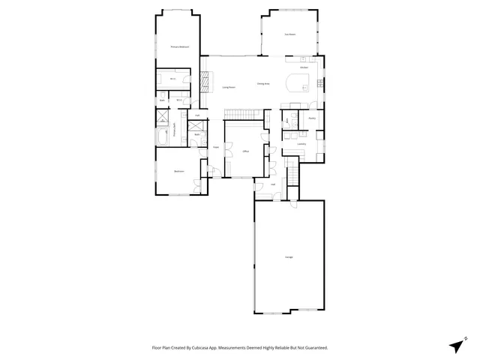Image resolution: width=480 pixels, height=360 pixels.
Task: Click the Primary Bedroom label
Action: coord(178,47)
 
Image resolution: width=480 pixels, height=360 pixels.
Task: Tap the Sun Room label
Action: coord(289,34)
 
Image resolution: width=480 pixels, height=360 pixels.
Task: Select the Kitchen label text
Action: coord(304,68)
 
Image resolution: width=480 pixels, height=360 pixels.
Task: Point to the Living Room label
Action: coord(229,87)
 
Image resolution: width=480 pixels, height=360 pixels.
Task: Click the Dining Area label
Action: coord(263,83)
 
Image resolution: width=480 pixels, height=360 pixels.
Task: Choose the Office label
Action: coord(244,151)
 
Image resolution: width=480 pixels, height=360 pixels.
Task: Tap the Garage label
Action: coord(289,257)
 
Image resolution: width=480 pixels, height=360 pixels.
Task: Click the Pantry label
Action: coord(311,118)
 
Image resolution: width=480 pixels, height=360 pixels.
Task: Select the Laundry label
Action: coord(301,144)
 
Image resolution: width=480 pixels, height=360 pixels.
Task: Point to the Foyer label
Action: coord(215,147)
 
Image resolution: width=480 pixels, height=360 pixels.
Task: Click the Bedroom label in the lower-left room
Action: coord(178,172)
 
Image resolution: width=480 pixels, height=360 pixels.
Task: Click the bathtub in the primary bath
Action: coord(163,136)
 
